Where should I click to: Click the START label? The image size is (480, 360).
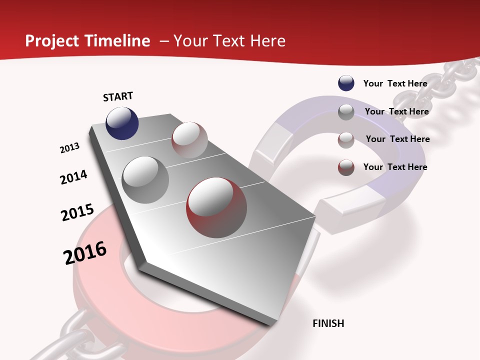tap(118, 96)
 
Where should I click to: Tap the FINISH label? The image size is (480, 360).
tap(328, 323)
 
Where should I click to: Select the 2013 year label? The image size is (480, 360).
tap(69, 148)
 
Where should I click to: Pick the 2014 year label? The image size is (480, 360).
tap(73, 177)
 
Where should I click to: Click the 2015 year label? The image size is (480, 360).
tap(77, 212)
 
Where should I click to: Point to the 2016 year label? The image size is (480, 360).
tap(85, 253)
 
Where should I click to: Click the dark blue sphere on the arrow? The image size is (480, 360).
tap(122, 123)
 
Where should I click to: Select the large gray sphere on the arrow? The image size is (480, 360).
tap(145, 180)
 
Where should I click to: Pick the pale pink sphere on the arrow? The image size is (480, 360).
tap(189, 140)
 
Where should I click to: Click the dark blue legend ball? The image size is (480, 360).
tap(346, 83)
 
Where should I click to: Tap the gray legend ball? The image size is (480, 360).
tap(346, 112)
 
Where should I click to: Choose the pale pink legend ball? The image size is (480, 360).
tap(346, 139)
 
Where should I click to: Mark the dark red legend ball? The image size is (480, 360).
tap(346, 167)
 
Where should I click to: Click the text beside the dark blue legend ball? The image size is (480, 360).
tap(395, 83)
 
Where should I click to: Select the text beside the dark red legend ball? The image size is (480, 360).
tap(395, 167)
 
